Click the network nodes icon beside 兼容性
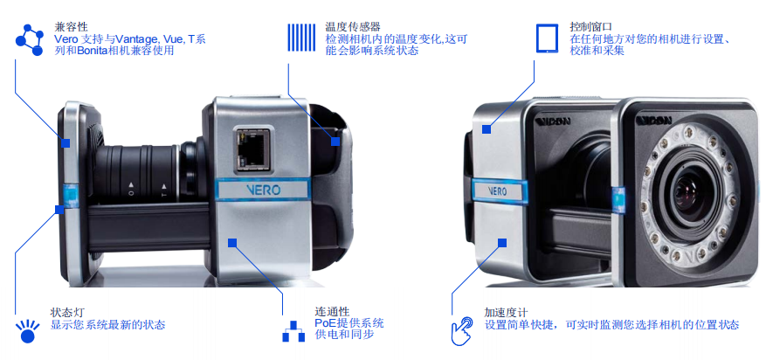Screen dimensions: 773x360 point(30,39)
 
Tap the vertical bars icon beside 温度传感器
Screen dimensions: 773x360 point(301,38)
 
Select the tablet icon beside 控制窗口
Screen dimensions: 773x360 point(547,38)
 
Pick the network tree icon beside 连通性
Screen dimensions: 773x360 point(293,331)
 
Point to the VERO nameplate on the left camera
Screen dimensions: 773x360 point(263,190)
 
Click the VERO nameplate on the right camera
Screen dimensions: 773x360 point(497,190)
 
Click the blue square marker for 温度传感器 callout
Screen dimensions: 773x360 point(335,141)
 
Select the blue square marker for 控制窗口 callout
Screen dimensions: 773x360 point(487,129)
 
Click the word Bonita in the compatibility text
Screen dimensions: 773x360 point(91,51)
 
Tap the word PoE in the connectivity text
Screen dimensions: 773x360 point(324,323)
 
